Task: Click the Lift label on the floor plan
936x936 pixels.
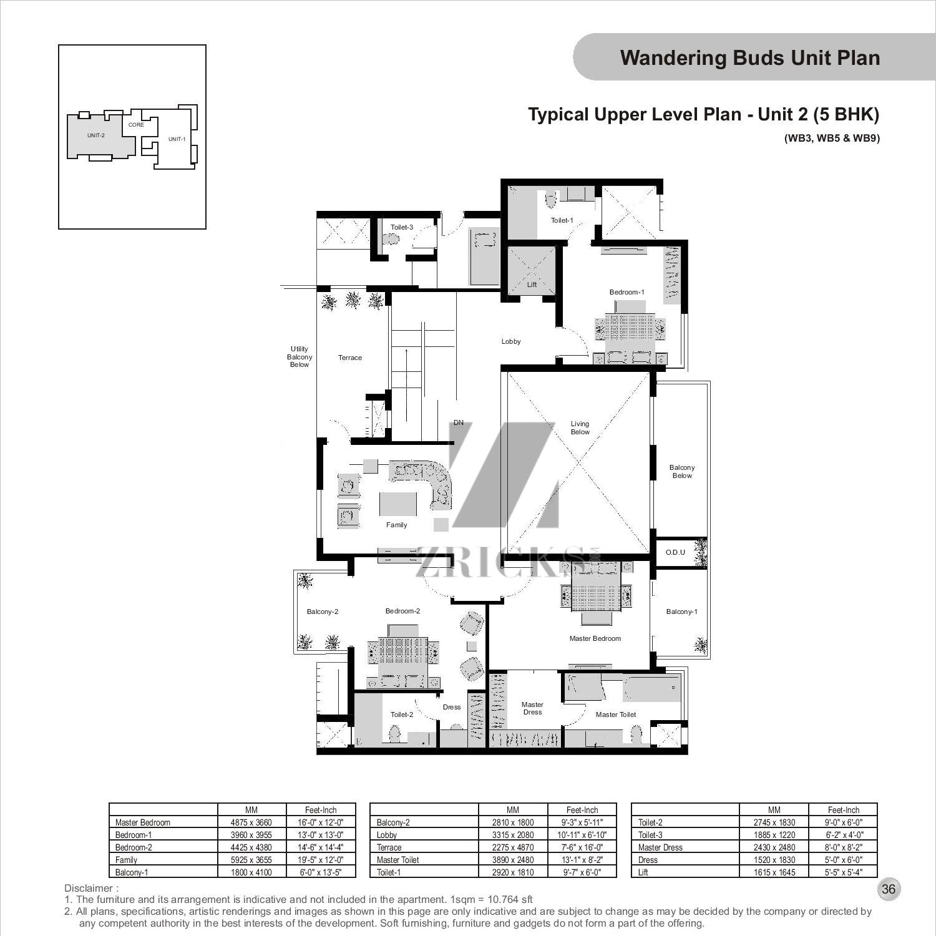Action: [x=532, y=285]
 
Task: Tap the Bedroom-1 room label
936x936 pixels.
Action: [x=626, y=292]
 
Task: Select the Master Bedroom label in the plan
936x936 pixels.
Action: [x=595, y=638]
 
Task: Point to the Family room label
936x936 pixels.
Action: [x=396, y=525]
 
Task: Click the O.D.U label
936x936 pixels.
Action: [x=675, y=552]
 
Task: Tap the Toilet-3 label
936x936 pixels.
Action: [x=401, y=227]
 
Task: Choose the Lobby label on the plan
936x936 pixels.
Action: [x=511, y=341]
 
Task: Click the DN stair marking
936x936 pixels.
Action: [x=459, y=422]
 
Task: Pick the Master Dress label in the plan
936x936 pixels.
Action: [x=532, y=708]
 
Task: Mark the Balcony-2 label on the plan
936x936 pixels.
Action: [x=322, y=612]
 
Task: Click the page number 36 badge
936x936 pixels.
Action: [x=889, y=889]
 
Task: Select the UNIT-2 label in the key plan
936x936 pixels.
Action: [x=96, y=135]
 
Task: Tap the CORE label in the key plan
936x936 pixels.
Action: [x=136, y=125]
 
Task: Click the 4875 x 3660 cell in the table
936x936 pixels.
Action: [x=251, y=822]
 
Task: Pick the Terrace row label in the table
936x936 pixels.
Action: [x=389, y=847]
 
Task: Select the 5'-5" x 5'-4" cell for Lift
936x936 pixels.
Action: [x=844, y=872]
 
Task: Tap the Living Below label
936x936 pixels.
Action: [x=580, y=427]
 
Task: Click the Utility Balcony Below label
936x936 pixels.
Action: [x=299, y=357]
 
